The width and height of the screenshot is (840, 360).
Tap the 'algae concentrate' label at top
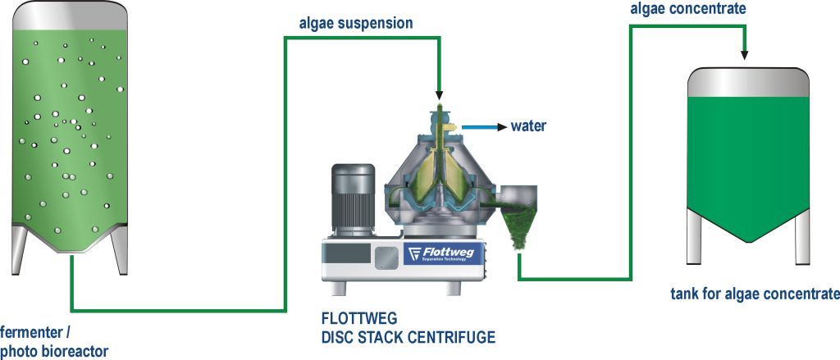tap(687, 9)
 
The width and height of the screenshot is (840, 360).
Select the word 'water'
tap(528, 126)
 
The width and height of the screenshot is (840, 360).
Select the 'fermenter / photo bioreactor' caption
tap(53, 342)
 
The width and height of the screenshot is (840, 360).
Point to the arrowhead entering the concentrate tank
tap(745, 54)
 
